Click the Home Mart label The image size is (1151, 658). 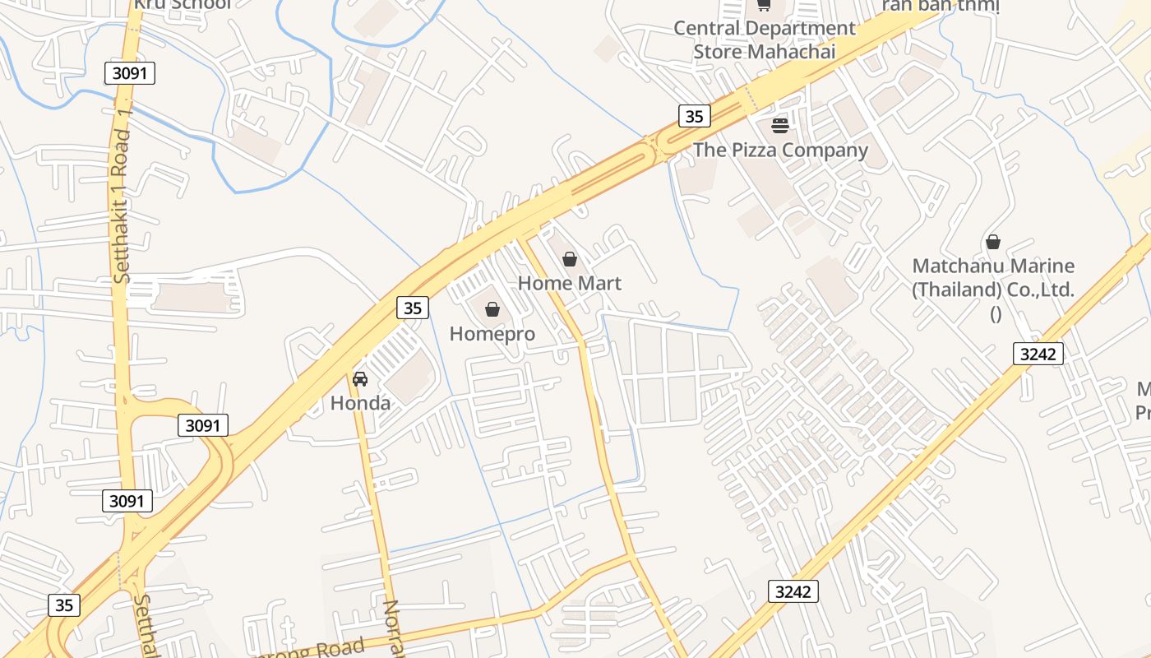click(569, 283)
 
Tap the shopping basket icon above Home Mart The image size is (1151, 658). click(570, 260)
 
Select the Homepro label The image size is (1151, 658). click(492, 334)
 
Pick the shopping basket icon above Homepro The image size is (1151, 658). click(492, 309)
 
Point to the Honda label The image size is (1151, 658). click(360, 403)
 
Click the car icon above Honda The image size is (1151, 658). click(360, 379)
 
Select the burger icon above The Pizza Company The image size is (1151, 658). click(780, 126)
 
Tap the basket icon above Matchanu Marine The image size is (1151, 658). click(993, 242)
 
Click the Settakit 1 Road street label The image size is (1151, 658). click(122, 206)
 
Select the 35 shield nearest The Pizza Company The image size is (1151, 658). click(695, 116)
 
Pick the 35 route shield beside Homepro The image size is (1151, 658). click(413, 308)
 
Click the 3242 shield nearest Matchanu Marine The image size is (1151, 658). click(1038, 354)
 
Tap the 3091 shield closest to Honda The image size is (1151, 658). click(203, 425)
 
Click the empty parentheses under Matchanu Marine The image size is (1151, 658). click(996, 313)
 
